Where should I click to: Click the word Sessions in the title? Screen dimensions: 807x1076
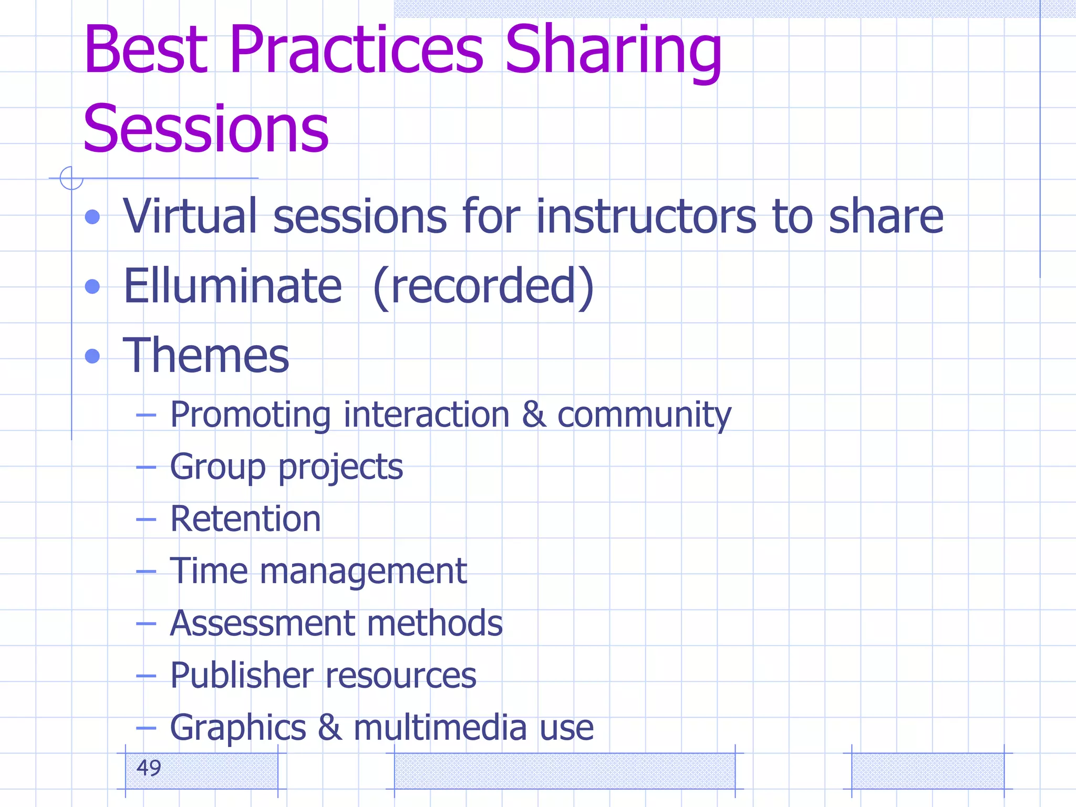pos(206,129)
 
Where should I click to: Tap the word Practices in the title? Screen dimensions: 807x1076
pos(356,50)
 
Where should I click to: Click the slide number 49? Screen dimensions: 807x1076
pos(149,768)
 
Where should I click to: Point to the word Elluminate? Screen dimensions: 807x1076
pos(232,286)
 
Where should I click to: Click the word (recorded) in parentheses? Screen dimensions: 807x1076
pos(483,286)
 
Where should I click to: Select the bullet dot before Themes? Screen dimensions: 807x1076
pos(92,356)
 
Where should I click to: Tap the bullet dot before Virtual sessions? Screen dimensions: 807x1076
pos(92,216)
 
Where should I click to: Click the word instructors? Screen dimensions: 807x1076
pos(646,216)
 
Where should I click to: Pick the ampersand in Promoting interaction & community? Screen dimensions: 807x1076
pos(534,415)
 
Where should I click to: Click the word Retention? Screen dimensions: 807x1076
pos(245,519)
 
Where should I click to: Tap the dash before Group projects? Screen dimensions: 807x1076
pos(146,467)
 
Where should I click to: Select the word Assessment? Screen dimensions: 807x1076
pos(262,623)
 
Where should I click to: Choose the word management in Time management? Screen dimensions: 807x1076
pos(363,571)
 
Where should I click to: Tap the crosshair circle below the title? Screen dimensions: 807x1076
pos(71,178)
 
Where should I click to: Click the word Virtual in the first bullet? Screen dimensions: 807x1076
pos(190,216)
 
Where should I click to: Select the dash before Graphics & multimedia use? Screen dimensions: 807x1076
pos(146,728)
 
